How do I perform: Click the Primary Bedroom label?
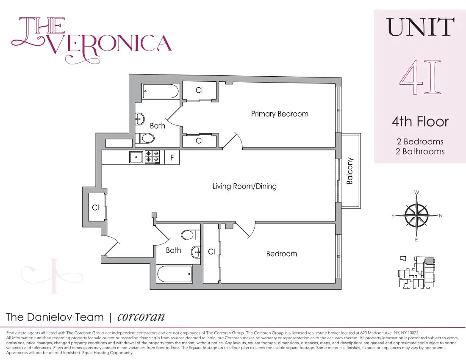coord(280,114)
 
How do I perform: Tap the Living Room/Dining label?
coord(244,186)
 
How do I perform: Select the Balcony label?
coord(350,171)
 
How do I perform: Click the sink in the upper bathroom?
coord(140,119)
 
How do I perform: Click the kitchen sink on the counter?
coord(136,157)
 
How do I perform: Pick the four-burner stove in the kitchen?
coord(153,157)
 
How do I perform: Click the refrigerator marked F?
coord(172,158)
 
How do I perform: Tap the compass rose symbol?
coord(417,216)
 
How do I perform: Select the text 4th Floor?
coord(420,122)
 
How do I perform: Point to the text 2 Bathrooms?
coord(420,151)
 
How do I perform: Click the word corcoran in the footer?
coord(141,317)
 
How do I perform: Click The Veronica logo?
coord(91,37)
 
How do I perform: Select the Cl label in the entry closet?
coord(96,208)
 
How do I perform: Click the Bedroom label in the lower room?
coord(281,254)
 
